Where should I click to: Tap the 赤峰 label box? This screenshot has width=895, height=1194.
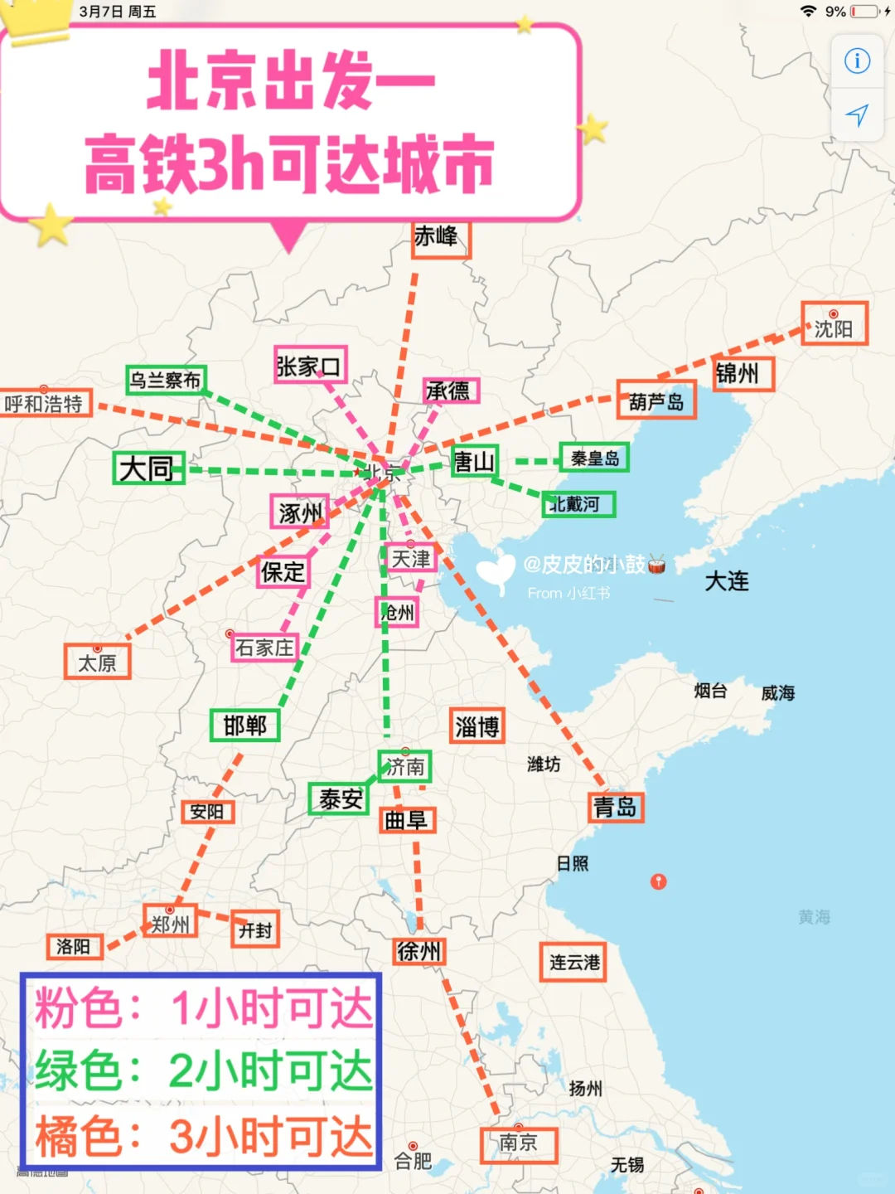click(x=440, y=239)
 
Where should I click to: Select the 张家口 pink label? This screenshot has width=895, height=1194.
click(x=310, y=366)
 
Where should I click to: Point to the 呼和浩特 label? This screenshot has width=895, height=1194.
click(x=45, y=404)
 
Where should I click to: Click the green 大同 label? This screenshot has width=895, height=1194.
click(x=148, y=468)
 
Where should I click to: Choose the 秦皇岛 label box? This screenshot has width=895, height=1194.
click(x=594, y=458)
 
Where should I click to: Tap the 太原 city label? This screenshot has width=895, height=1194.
click(x=98, y=663)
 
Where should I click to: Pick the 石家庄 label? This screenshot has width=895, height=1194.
click(x=264, y=647)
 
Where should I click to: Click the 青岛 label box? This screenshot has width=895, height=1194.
click(x=616, y=807)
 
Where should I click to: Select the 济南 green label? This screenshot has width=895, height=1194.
click(x=404, y=767)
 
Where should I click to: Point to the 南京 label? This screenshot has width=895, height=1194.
click(x=519, y=1144)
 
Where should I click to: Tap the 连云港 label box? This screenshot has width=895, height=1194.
click(x=573, y=963)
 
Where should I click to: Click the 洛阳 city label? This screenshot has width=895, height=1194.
click(x=74, y=946)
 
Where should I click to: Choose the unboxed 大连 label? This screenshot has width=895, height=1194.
click(x=727, y=581)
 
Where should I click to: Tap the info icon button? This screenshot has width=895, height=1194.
click(x=857, y=61)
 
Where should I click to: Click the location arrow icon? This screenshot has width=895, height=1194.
click(x=857, y=115)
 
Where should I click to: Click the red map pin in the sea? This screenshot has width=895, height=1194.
click(x=659, y=881)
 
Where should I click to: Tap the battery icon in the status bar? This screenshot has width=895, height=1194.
click(x=865, y=12)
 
